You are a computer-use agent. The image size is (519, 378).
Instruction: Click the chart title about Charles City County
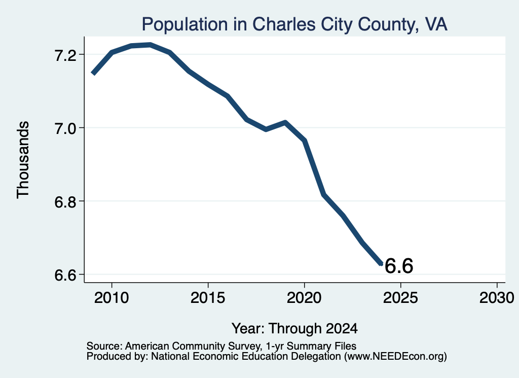pos(294,24)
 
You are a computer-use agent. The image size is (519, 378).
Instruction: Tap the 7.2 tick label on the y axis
pos(65,55)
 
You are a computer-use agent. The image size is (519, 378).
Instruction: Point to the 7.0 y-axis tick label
pos(65,128)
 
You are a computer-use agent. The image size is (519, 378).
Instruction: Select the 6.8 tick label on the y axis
pos(65,202)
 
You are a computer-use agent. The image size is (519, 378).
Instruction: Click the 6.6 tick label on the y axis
pos(65,276)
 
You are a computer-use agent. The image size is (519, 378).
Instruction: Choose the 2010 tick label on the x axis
pos(112,297)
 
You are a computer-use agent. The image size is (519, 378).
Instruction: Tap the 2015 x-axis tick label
pos(208,297)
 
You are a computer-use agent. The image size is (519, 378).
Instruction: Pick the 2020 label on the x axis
pos(304,297)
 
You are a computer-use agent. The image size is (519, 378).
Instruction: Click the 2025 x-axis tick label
pos(400,297)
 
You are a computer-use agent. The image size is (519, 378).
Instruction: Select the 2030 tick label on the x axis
pos(497,297)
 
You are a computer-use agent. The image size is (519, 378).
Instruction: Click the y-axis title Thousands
pos(23,160)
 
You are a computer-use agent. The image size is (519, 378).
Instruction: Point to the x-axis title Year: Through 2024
pos(294,328)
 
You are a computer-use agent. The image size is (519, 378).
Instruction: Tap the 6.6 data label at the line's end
pos(399,266)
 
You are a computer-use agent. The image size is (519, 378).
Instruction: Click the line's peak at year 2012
pos(150,45)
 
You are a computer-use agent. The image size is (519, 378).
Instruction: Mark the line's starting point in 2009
pos(93,73)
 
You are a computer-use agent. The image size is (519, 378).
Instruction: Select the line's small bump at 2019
pos(285,123)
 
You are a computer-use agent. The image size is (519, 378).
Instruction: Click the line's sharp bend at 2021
pos(324,194)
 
